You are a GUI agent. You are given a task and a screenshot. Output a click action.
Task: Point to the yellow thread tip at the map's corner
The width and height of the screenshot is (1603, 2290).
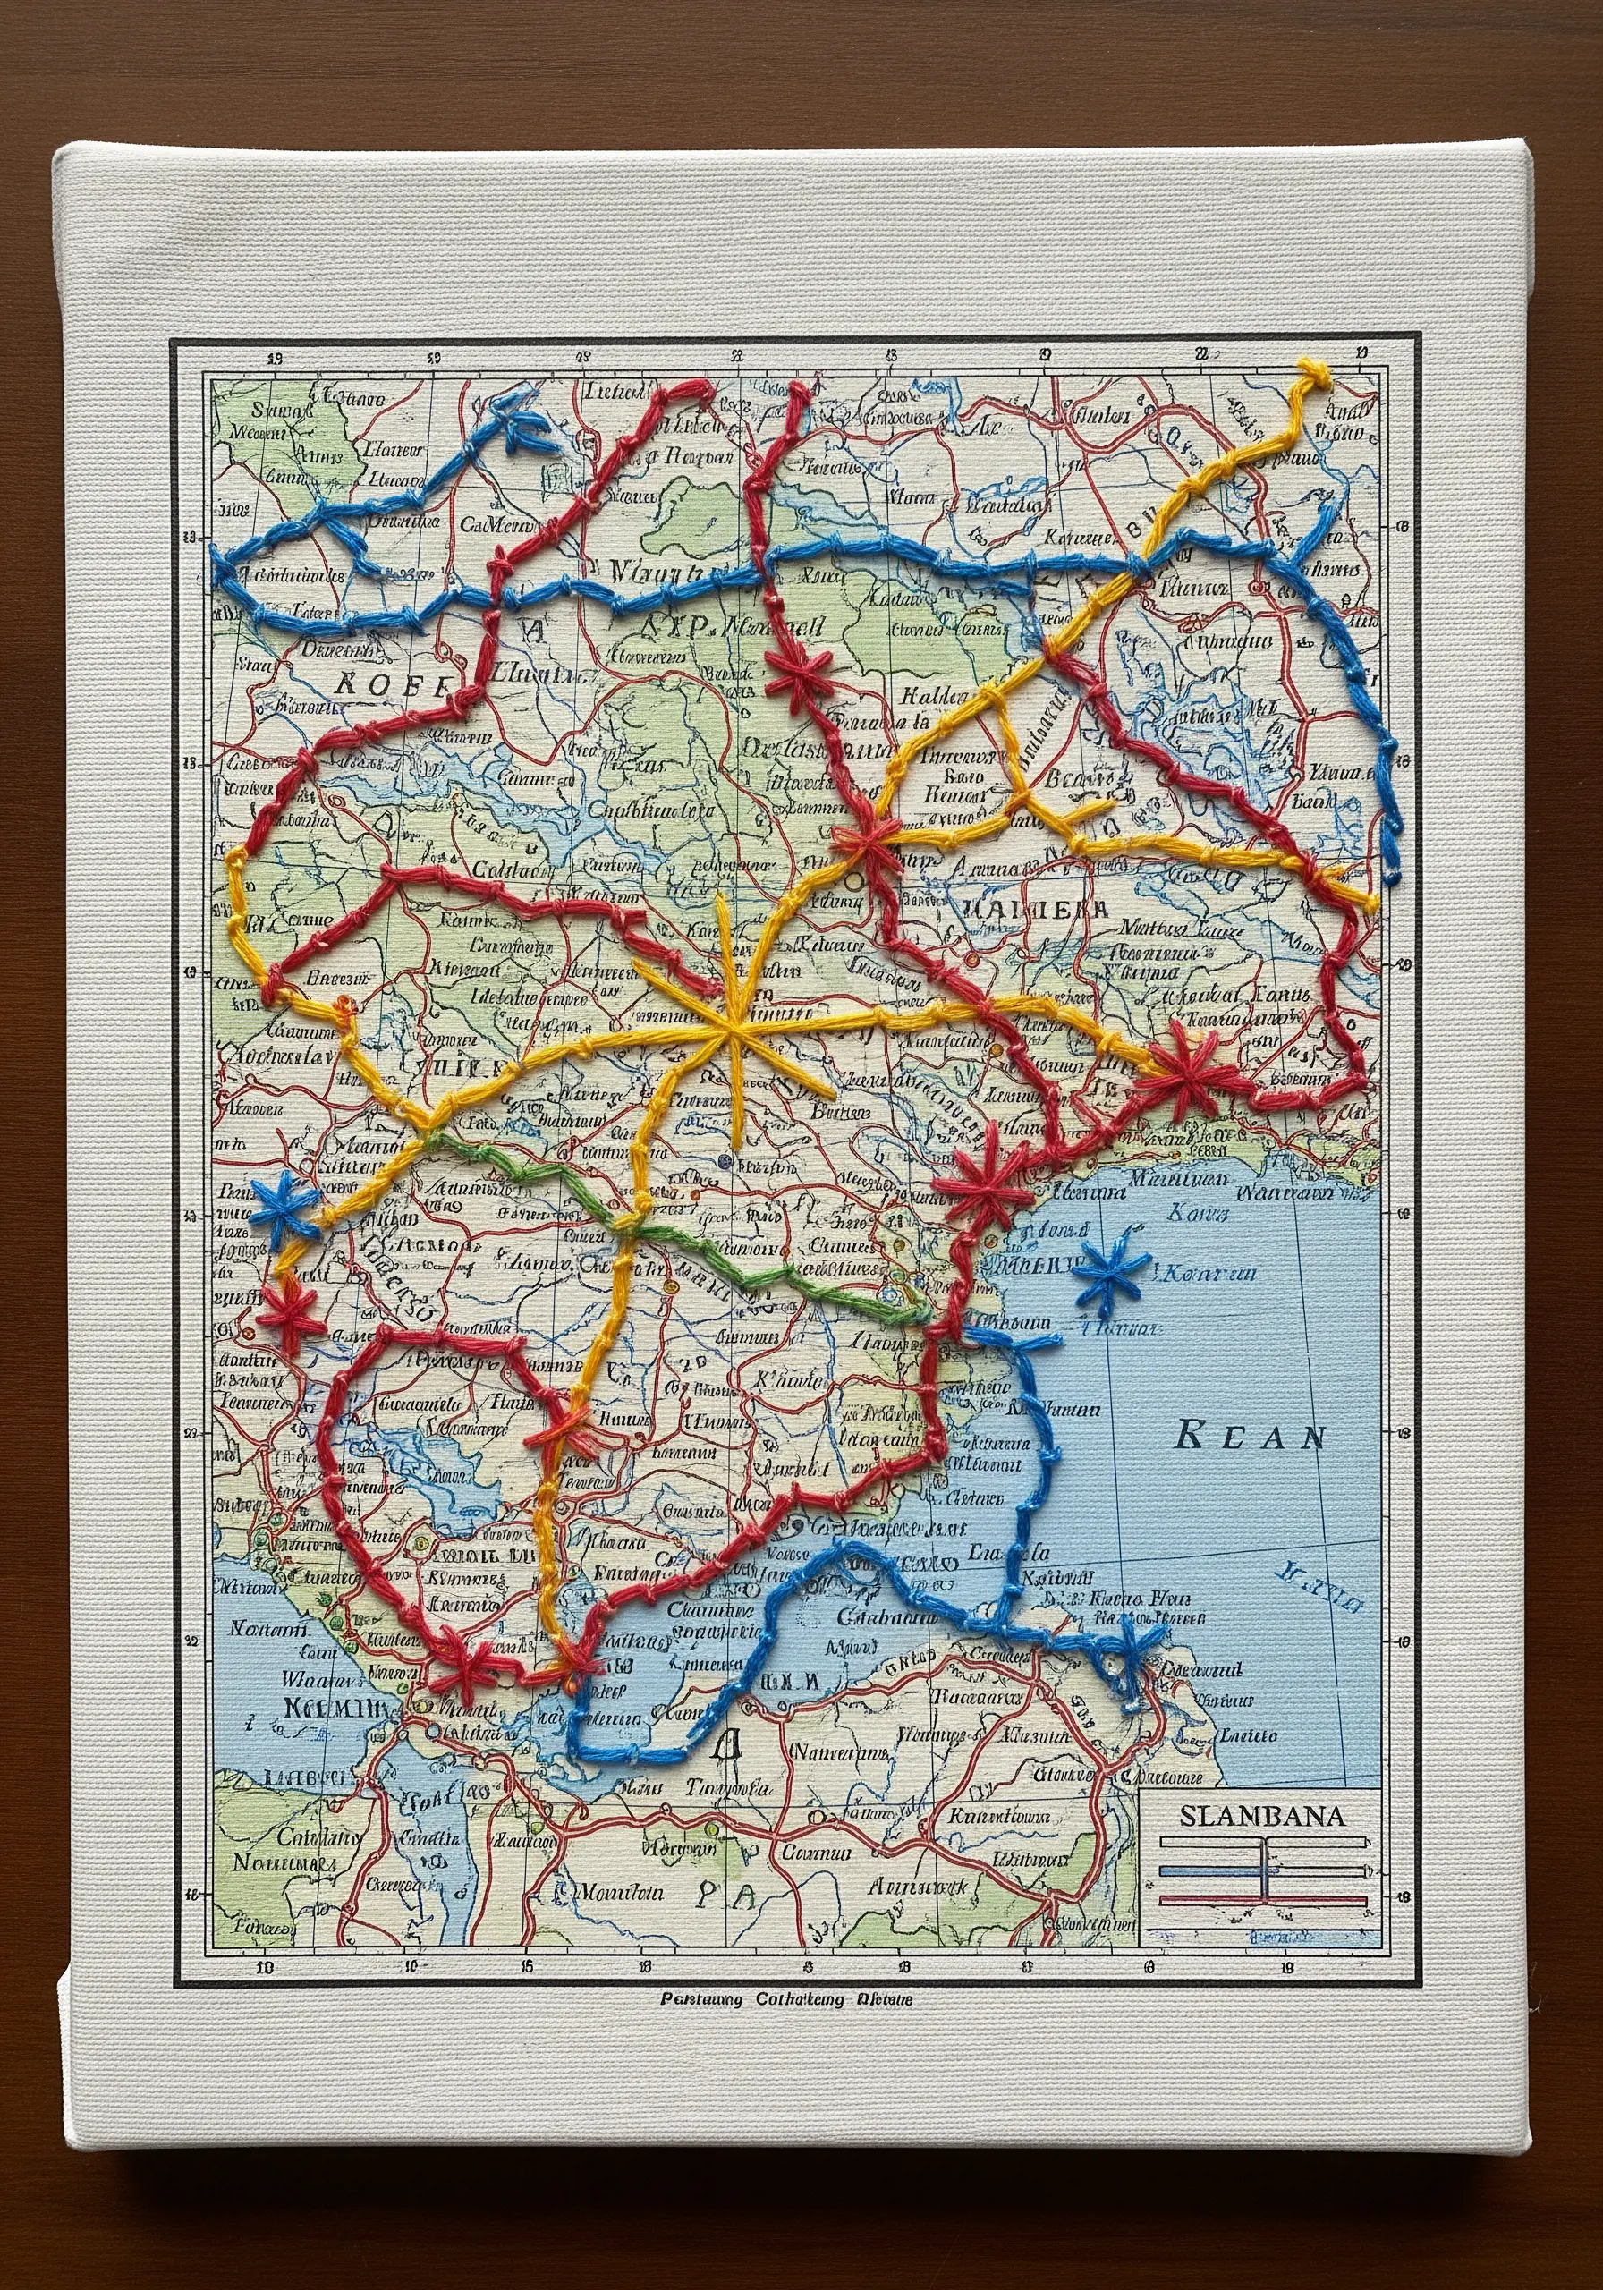pyautogui.click(x=1315, y=374)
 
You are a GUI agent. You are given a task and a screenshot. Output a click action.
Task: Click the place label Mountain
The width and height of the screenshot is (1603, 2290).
pyautogui.click(x=622, y=1891)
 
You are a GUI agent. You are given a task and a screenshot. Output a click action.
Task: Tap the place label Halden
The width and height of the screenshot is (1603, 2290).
pyautogui.click(x=934, y=695)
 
